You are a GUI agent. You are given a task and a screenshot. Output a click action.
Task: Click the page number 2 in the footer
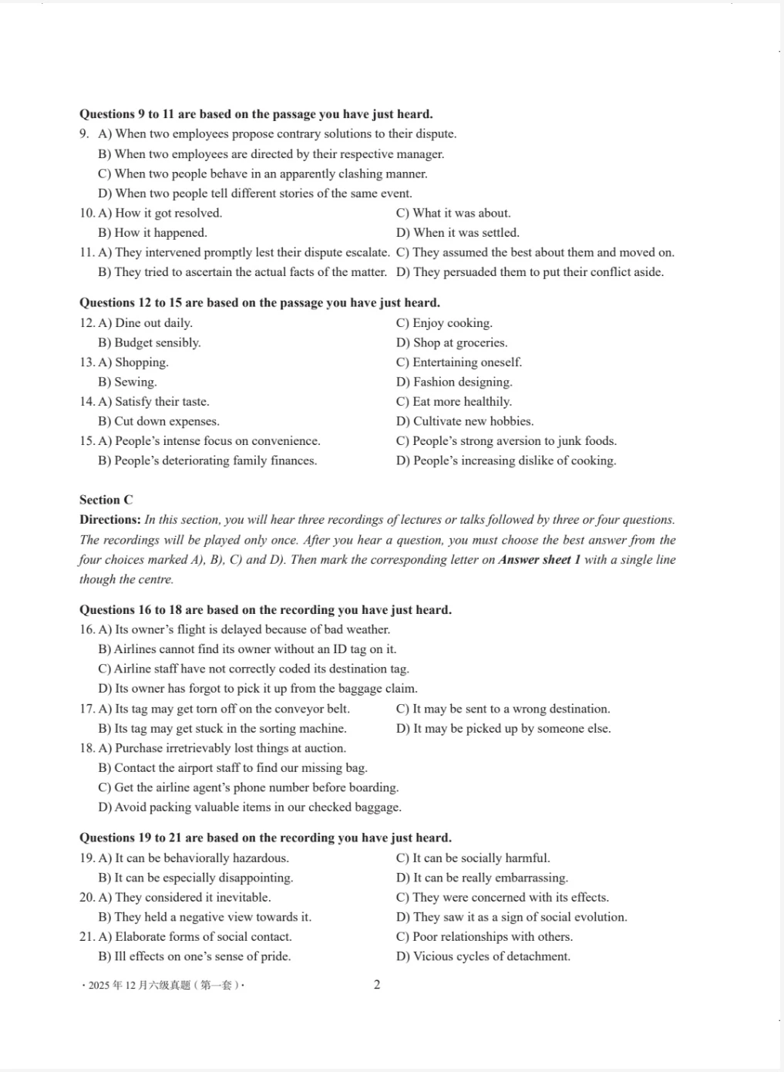click(376, 984)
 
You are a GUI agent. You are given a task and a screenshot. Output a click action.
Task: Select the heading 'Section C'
click(106, 500)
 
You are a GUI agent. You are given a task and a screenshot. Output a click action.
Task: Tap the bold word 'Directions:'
click(109, 520)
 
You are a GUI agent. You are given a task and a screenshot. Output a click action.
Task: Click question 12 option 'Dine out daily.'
click(153, 323)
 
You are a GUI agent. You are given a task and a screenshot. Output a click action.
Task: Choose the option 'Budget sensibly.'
click(157, 342)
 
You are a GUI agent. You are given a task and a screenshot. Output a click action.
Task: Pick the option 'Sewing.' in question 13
click(135, 382)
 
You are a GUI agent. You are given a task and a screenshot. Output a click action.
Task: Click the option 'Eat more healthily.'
click(462, 402)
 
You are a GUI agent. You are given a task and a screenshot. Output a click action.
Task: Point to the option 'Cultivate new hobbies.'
click(473, 421)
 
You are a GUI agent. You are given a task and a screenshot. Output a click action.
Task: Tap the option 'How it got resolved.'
click(168, 213)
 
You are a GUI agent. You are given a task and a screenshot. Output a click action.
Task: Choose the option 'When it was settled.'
click(466, 233)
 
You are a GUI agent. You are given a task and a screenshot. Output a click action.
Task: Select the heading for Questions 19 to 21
click(265, 838)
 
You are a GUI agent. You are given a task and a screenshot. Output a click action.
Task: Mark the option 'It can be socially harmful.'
click(481, 858)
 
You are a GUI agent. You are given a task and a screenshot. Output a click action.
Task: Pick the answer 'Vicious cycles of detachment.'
click(491, 956)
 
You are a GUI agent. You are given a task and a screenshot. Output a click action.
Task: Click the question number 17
click(87, 709)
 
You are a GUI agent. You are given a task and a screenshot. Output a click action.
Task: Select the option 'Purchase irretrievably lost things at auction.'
click(230, 748)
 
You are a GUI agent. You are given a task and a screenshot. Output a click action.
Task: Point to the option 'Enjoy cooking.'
click(452, 323)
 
